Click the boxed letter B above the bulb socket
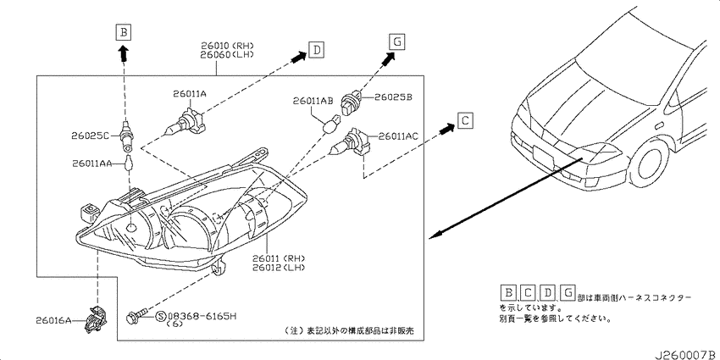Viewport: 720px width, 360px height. [124, 32]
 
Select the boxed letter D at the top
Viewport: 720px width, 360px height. [317, 50]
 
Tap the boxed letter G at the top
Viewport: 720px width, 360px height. [396, 42]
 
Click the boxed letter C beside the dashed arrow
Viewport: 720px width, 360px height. [465, 121]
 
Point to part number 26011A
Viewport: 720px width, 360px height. [190, 94]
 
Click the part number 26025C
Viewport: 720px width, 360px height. [90, 136]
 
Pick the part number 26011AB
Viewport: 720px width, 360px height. [313, 101]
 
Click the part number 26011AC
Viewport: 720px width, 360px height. [398, 136]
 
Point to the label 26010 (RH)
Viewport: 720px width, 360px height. [227, 46]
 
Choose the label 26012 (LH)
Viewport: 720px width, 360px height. [279, 267]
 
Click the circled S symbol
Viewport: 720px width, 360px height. [161, 316]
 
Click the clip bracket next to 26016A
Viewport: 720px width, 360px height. [97, 318]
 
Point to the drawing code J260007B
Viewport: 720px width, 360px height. [686, 355]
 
